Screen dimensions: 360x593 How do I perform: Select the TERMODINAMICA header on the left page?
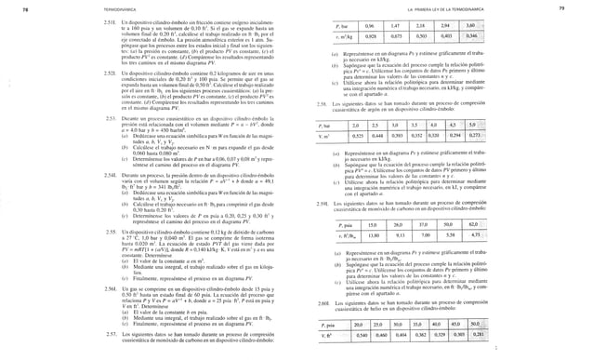pos(66,7)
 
